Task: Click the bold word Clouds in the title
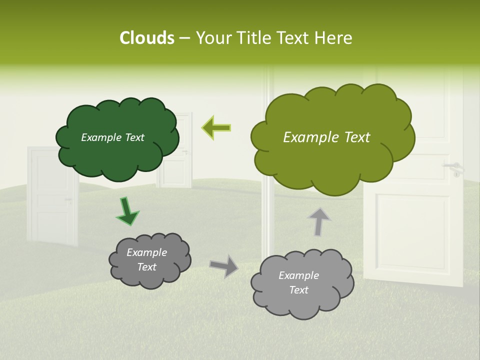pyautogui.click(x=146, y=38)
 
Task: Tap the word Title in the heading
pyautogui.click(x=254, y=38)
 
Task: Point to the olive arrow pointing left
pyautogui.click(x=216, y=127)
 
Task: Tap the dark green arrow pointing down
pyautogui.click(x=127, y=212)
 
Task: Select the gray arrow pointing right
pyautogui.click(x=223, y=266)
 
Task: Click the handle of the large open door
pyautogui.click(x=455, y=167)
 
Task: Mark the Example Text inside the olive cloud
pyautogui.click(x=326, y=137)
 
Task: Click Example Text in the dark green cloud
pyautogui.click(x=112, y=137)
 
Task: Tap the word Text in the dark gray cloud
pyautogui.click(x=146, y=267)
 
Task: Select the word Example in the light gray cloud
pyautogui.click(x=298, y=275)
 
